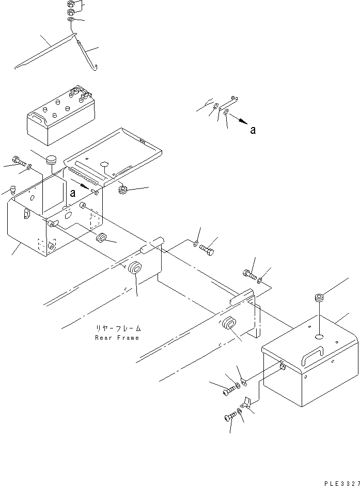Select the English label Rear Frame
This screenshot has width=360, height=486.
point(117,338)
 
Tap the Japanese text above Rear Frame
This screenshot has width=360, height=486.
point(118,328)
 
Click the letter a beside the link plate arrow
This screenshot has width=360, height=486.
point(253,131)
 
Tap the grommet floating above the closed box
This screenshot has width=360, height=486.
point(319,297)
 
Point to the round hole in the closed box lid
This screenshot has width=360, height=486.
point(319,336)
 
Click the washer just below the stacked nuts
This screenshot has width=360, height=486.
point(71,20)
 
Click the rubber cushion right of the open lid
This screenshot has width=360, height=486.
point(123,190)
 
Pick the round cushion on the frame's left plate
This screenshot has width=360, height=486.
point(135,268)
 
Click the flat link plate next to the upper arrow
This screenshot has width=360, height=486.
point(227,106)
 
